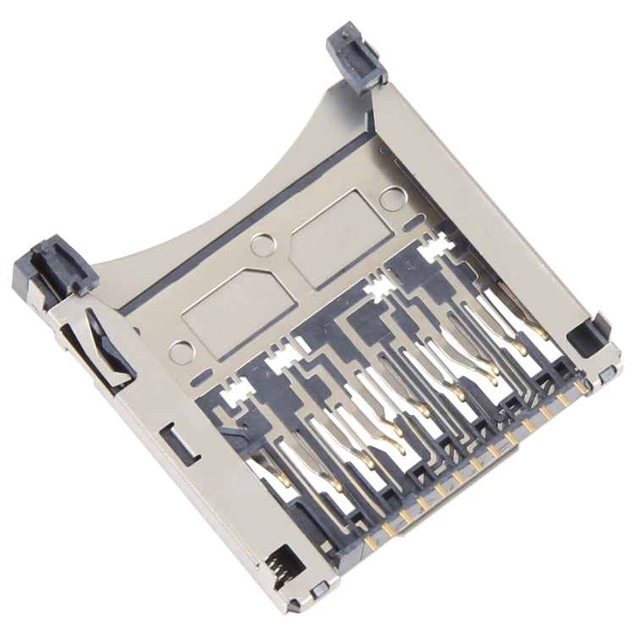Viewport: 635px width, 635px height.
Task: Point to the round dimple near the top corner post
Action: click(x=390, y=199)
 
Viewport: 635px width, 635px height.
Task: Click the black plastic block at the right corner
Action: click(x=589, y=335)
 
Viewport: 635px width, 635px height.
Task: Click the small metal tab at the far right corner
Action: click(x=610, y=374)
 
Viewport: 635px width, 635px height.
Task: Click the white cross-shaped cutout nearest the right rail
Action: click(x=440, y=246)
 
